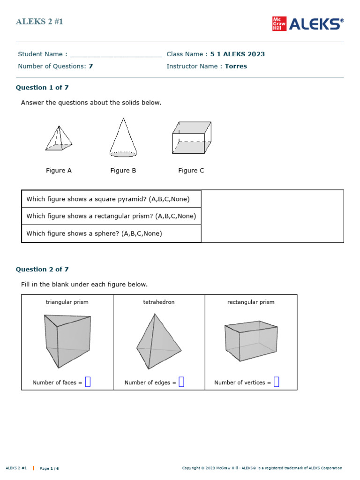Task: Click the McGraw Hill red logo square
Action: (279, 24)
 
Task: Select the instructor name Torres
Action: (236, 66)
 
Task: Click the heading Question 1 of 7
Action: (42, 88)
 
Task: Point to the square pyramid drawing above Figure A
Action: (59, 138)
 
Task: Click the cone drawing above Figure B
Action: (123, 137)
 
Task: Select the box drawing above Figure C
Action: (191, 137)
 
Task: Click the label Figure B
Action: (123, 171)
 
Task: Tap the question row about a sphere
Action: (94, 233)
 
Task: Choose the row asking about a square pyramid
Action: (108, 199)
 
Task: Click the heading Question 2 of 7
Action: (42, 270)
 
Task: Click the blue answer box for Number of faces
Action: (88, 382)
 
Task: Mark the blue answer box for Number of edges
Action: (181, 382)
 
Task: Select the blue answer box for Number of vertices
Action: (276, 382)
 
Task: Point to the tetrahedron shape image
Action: (158, 341)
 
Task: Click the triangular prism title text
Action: (67, 302)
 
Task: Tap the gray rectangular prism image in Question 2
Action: (251, 341)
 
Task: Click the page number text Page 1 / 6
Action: (49, 468)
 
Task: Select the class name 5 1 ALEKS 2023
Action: (237, 54)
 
